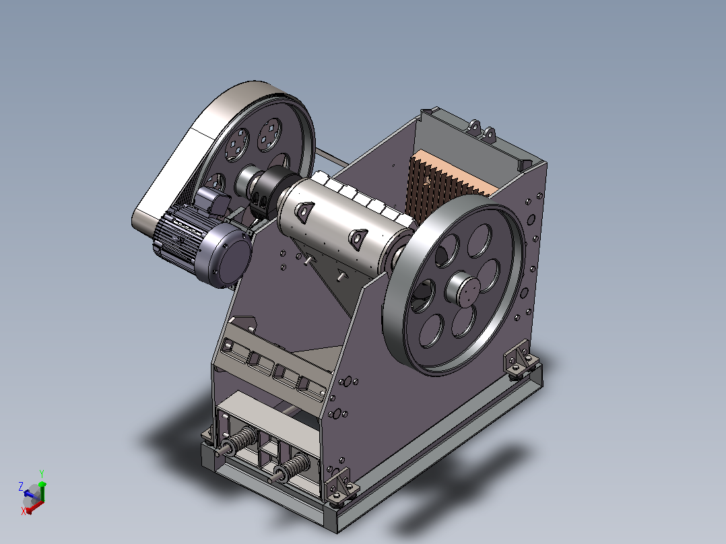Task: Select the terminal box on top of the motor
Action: [x=213, y=201]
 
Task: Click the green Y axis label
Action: [x=42, y=473]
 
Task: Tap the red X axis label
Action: [x=23, y=511]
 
